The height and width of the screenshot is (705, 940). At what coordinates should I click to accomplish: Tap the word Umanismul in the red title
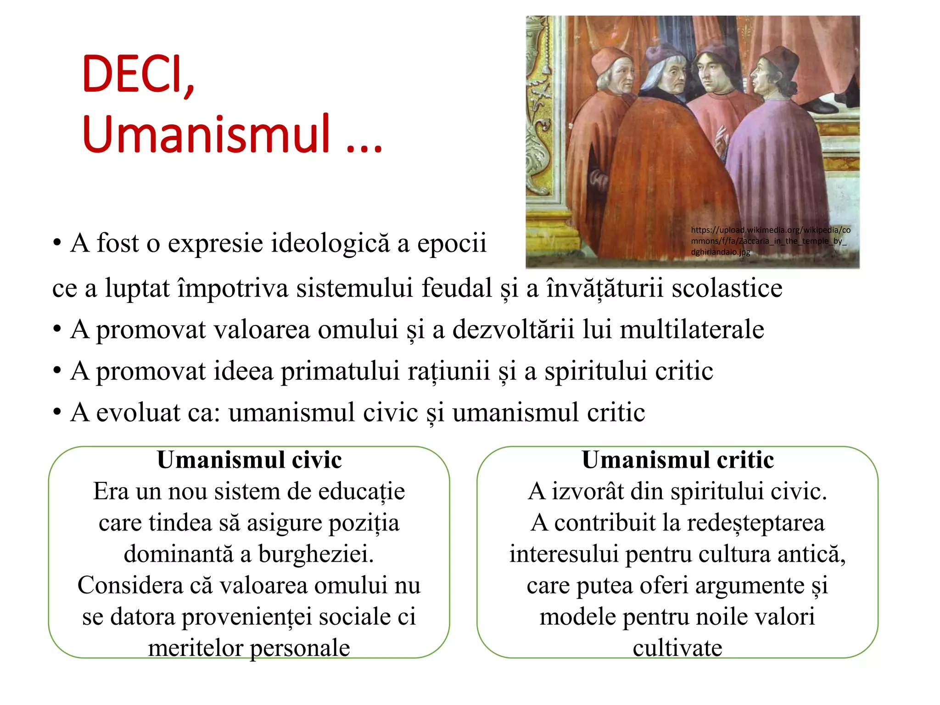[207, 134]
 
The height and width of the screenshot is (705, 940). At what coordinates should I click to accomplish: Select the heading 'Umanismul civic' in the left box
[249, 460]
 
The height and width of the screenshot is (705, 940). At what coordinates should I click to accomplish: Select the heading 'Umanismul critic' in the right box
[677, 460]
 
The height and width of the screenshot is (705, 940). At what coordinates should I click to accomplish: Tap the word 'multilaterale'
[692, 330]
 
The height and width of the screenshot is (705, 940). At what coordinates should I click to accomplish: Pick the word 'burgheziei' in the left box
[316, 554]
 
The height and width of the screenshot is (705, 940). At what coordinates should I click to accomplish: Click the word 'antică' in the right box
[811, 554]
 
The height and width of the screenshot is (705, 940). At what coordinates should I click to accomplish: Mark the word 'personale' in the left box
[300, 648]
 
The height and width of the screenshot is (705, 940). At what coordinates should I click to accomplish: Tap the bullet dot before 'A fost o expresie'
[57, 243]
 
